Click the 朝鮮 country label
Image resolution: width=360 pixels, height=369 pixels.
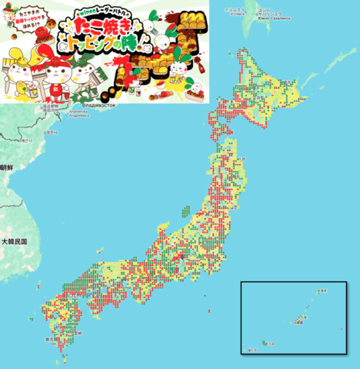(7, 167)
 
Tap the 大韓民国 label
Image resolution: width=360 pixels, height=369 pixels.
(14, 241)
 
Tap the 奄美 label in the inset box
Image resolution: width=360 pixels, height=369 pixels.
(322, 291)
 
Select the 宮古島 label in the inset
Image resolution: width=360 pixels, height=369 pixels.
(273, 343)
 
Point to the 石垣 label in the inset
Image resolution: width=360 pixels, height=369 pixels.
(252, 351)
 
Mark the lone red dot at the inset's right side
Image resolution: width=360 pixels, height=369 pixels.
(341, 329)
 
